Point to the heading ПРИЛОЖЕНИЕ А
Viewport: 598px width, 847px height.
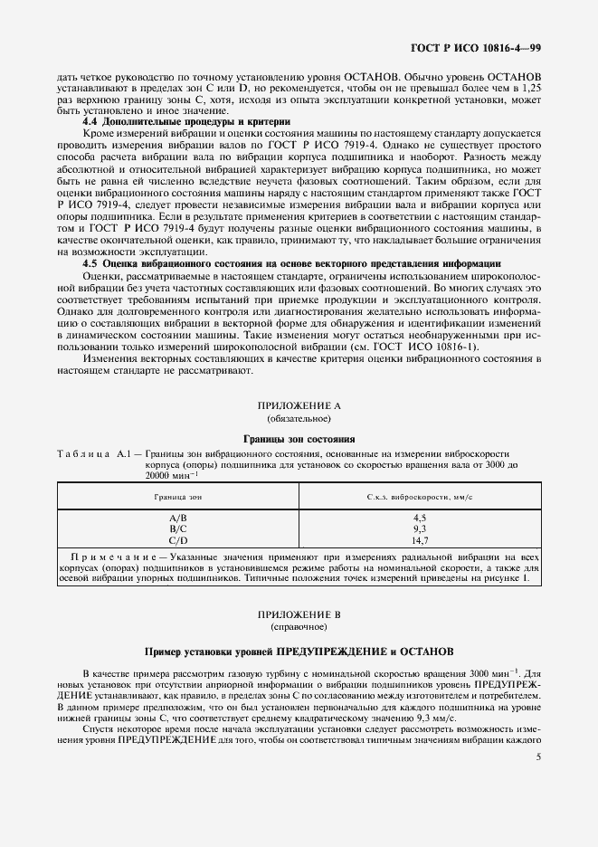point(299,405)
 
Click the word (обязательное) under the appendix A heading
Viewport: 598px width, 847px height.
point(299,419)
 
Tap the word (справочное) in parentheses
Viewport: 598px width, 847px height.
point(299,625)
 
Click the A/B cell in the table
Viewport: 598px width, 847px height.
point(178,516)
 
